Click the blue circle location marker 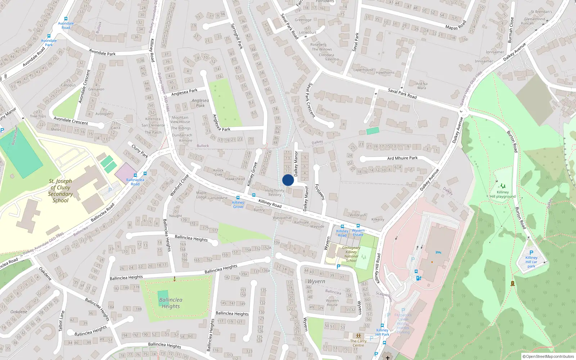tap(288, 180)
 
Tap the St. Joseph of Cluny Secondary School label tap(60, 191)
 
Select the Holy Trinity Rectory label tap(275, 193)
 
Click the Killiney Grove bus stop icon tap(238, 198)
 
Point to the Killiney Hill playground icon tap(503, 186)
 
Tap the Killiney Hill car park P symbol tap(531, 253)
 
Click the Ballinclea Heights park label tap(171, 303)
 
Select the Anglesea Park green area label tap(200, 103)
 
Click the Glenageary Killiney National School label tap(351, 254)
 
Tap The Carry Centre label tap(358, 343)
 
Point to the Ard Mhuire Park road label tap(402, 158)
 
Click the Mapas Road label tap(455, 26)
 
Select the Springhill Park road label tap(237, 36)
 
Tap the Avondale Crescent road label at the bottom tap(71, 121)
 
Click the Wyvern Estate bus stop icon tap(358, 226)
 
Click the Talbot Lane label tap(62, 321)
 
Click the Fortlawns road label tap(320, 192)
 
